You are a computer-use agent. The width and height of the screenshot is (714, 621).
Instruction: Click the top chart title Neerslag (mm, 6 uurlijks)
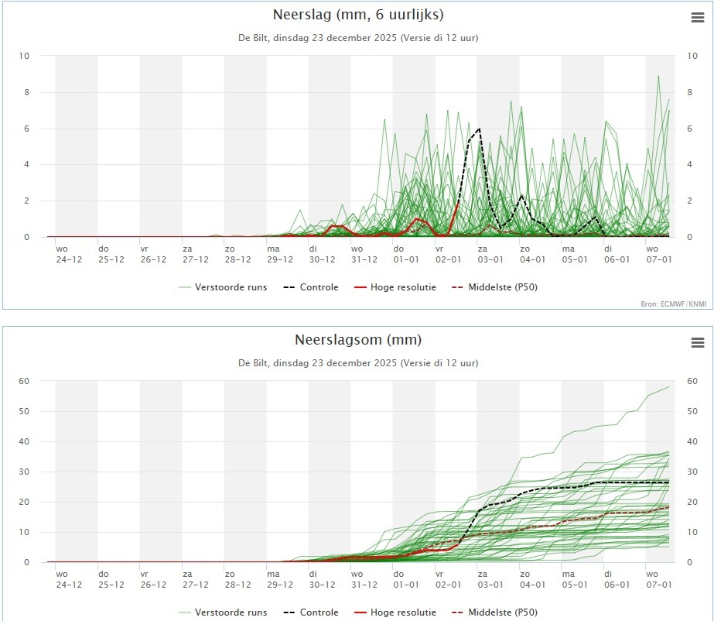click(358, 15)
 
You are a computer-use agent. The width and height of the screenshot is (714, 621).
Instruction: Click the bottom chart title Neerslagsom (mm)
click(358, 340)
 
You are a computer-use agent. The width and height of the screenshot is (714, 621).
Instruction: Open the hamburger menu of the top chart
click(697, 18)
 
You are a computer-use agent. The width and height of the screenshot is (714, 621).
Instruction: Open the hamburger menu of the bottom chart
click(697, 343)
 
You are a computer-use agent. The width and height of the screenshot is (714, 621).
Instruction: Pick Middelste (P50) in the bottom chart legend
click(498, 612)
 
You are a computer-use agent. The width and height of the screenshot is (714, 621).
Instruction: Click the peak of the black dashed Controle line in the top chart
click(480, 129)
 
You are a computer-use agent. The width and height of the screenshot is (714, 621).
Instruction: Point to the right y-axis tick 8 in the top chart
click(688, 92)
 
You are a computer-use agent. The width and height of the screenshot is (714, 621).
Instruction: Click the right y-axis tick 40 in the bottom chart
click(692, 441)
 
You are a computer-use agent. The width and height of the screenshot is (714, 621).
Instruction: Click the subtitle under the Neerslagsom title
click(358, 362)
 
